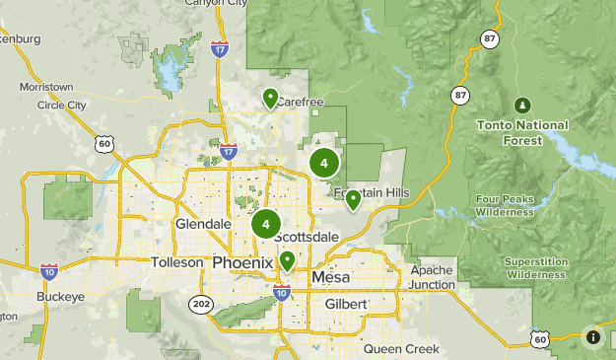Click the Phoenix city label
pyautogui.click(x=242, y=262)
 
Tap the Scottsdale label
pyautogui.click(x=307, y=238)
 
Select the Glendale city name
pyautogui.click(x=202, y=224)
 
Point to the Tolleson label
pyautogui.click(x=177, y=262)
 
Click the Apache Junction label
pyautogui.click(x=433, y=277)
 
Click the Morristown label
pyautogui.click(x=45, y=87)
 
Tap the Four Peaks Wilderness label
pyautogui.click(x=504, y=204)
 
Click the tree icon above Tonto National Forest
pyautogui.click(x=522, y=105)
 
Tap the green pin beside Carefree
pyautogui.click(x=270, y=98)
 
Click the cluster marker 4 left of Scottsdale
pyautogui.click(x=265, y=224)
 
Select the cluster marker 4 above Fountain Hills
pyautogui.click(x=323, y=163)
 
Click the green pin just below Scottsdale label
pyautogui.click(x=287, y=260)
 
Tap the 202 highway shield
pyautogui.click(x=201, y=303)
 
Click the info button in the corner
pyautogui.click(x=593, y=337)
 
